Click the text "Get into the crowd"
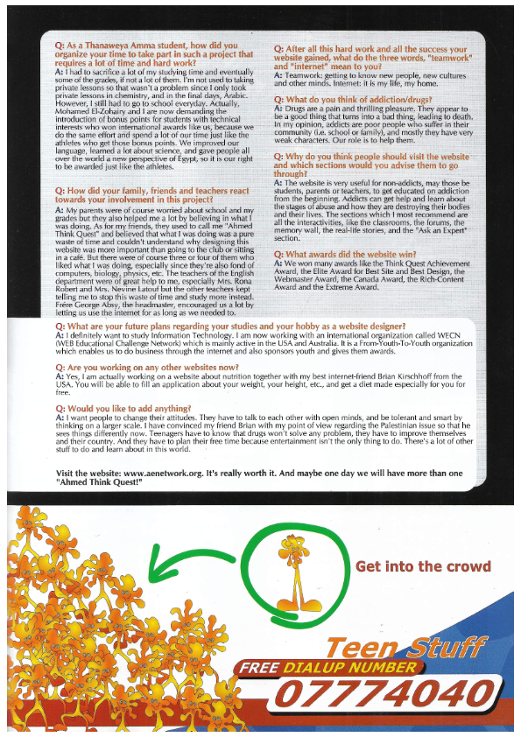(423, 566)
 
